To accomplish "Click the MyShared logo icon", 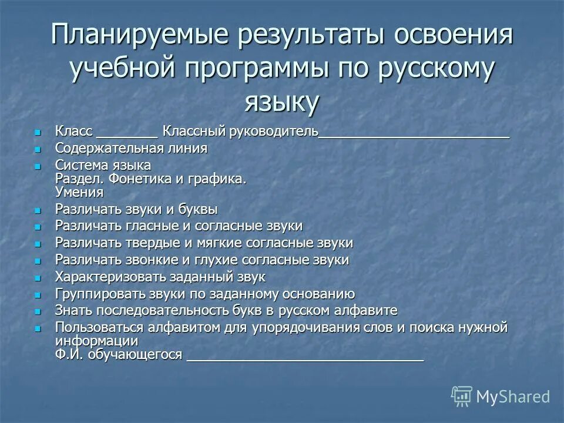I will (x=462, y=397).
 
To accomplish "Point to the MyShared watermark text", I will (x=513, y=397).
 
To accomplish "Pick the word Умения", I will (x=79, y=192).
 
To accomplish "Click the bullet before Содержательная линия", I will (x=39, y=149).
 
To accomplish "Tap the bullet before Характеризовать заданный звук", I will (x=39, y=277).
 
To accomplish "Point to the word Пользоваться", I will (x=98, y=327).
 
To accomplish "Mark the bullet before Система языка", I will (x=39, y=166).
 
